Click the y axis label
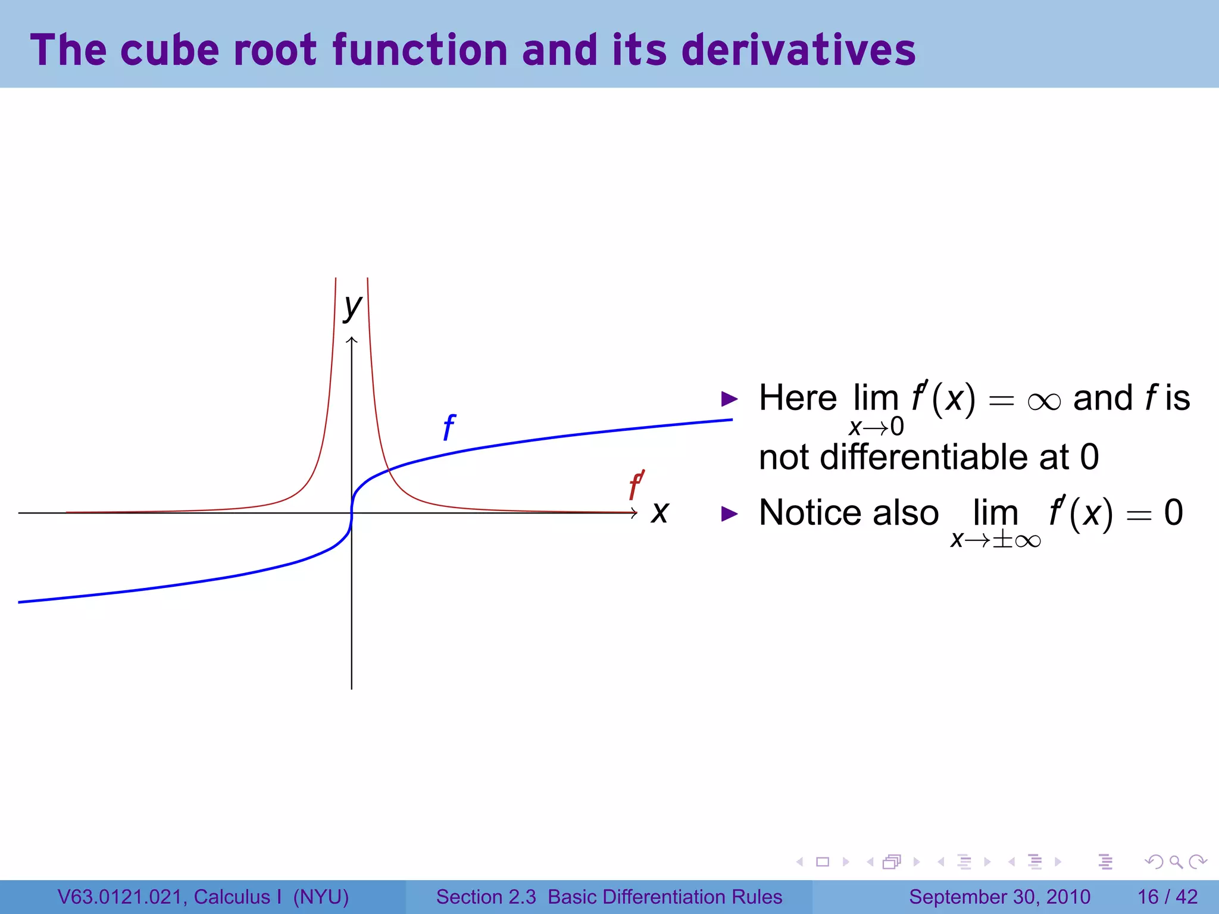[352, 308]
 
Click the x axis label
[659, 512]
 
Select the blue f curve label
[449, 428]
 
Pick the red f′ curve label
[636, 486]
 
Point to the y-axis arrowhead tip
[352, 338]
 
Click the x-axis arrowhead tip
[637, 512]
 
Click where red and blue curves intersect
[388, 471]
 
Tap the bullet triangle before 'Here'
[729, 399]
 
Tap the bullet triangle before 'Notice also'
[729, 514]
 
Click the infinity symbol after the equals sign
[1044, 401]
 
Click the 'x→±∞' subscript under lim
[995, 540]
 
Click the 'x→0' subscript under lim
[876, 427]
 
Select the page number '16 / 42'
[1167, 897]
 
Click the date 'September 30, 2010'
[999, 897]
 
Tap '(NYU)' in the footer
[321, 897]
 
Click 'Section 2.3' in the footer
[486, 897]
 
